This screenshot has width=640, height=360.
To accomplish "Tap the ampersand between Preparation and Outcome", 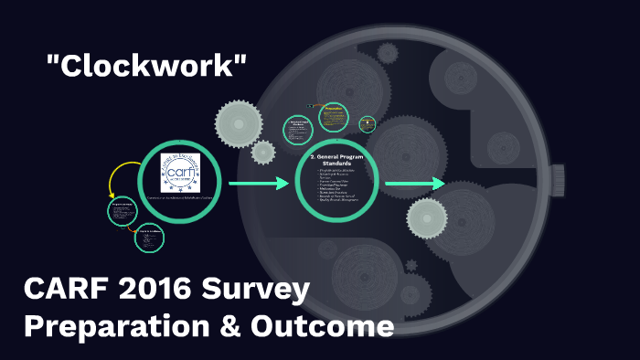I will click(x=236, y=327).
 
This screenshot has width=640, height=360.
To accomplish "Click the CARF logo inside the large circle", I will click(x=180, y=172).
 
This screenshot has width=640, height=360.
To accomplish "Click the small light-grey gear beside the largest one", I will click(x=263, y=152).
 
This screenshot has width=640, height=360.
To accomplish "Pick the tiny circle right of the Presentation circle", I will click(x=368, y=123).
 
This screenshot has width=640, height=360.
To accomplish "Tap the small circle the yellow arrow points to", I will click(x=122, y=211).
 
